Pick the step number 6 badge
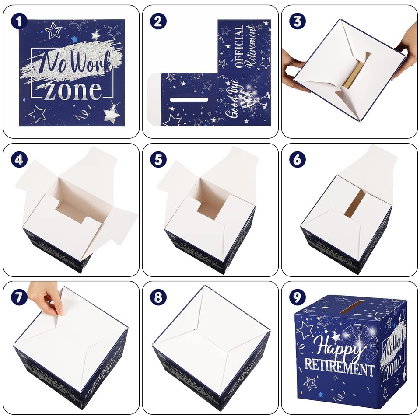297,160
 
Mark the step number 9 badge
297,297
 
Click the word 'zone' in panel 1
73,91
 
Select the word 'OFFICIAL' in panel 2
239,47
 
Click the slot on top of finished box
348,306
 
